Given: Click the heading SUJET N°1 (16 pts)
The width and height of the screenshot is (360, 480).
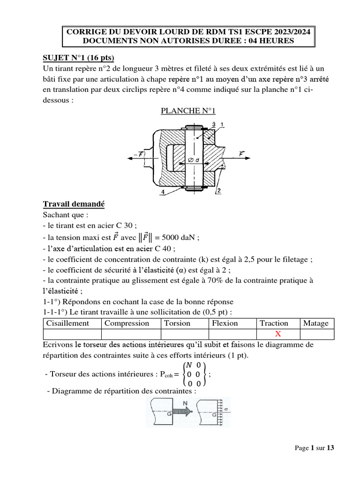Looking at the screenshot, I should pyautogui.click(x=79, y=58).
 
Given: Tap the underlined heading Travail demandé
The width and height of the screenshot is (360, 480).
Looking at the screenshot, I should pyautogui.click(x=74, y=204).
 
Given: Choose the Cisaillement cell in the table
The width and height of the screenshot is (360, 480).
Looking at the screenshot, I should pyautogui.click(x=67, y=323).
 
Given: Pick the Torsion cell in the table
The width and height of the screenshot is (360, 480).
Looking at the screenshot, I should pyautogui.click(x=177, y=323).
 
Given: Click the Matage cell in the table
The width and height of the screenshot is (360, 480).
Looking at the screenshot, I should pyautogui.click(x=316, y=323).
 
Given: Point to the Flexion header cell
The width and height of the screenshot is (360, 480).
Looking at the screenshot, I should pyautogui.click(x=225, y=323).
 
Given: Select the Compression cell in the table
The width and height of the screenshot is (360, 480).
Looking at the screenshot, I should pyautogui.click(x=127, y=323).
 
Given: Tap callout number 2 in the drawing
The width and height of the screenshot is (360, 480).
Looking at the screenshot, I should pyautogui.click(x=218, y=191).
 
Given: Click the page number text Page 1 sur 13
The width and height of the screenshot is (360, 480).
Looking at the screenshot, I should pyautogui.click(x=315, y=448).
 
